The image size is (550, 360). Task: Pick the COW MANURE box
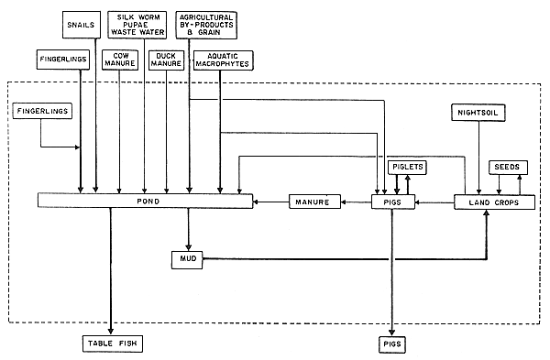[x=120, y=60]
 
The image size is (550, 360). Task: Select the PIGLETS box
[x=408, y=167]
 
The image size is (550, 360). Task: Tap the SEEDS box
[x=507, y=167]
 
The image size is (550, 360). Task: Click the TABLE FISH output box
[x=111, y=344]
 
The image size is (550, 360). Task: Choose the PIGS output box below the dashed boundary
[x=392, y=344]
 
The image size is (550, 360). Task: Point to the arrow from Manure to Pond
[x=271, y=202]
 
